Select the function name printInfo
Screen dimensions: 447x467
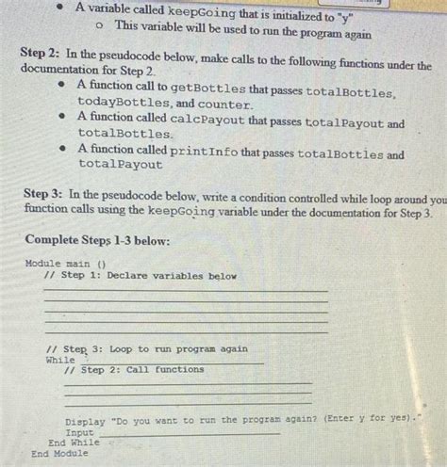[x=201, y=153]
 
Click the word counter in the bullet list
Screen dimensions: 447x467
[x=227, y=104]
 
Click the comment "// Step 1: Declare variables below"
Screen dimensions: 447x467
[x=139, y=276]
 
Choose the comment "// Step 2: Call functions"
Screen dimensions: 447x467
[x=133, y=370]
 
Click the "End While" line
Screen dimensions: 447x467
[x=74, y=442]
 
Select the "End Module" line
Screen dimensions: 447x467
[x=59, y=453]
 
